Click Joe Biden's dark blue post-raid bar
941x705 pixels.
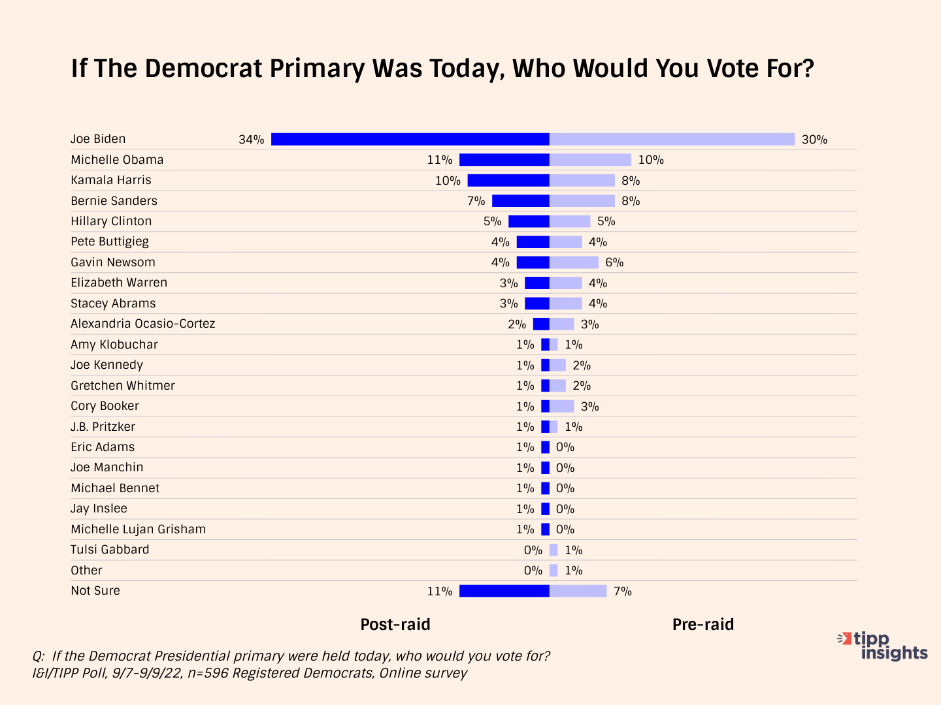(x=410, y=139)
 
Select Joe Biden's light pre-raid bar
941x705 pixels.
(x=672, y=139)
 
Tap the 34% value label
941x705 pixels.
(x=252, y=140)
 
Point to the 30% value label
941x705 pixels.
(x=814, y=140)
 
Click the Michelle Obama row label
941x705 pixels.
(x=117, y=160)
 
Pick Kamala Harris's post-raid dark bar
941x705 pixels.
(x=508, y=180)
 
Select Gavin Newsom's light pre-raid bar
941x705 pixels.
(x=574, y=262)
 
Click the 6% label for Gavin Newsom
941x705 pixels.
(x=614, y=262)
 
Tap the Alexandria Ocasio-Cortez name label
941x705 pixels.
(x=143, y=324)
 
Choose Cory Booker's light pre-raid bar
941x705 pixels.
(x=561, y=406)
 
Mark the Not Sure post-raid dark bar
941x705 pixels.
(x=504, y=591)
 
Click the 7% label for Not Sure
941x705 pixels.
(x=622, y=591)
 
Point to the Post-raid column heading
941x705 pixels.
(x=395, y=625)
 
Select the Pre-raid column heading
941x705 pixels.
(x=703, y=625)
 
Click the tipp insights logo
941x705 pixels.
(x=883, y=646)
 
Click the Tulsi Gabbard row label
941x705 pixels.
(x=110, y=550)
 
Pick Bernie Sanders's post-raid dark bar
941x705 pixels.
(x=521, y=201)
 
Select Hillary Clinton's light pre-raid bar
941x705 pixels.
(x=570, y=221)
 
